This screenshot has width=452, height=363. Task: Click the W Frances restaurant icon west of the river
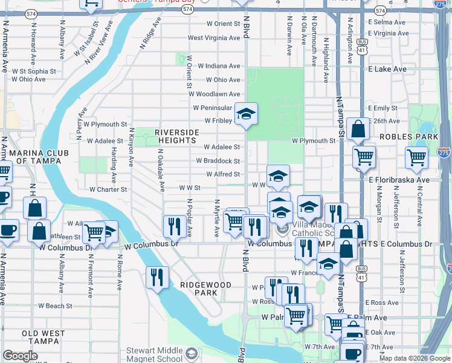coord(157,278)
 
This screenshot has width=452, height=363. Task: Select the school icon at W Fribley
coord(246,114)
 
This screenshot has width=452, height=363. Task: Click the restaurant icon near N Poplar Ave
coord(174,226)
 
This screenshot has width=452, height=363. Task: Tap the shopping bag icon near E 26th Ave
coord(358,128)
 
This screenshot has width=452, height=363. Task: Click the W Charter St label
coord(108,189)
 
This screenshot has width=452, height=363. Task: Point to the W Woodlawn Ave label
coord(214,94)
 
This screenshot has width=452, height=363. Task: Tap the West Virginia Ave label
coord(214,38)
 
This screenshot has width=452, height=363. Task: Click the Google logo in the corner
coord(21,356)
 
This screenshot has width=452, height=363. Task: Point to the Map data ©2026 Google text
coord(414,358)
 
